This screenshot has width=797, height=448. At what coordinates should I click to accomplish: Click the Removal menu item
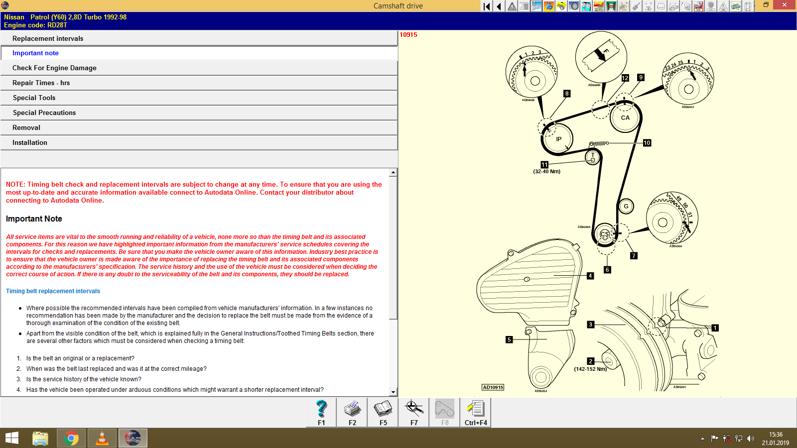[26, 127]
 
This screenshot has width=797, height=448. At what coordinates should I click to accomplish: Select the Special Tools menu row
[34, 98]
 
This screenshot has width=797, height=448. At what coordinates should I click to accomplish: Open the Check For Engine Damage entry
[54, 68]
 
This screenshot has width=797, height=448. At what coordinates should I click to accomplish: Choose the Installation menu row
[30, 142]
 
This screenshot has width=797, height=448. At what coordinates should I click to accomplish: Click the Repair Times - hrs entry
[41, 83]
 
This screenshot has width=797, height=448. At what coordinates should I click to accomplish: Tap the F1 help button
[321, 412]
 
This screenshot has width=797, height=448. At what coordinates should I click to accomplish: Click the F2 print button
[352, 412]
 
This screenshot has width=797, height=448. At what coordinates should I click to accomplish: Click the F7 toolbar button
[414, 412]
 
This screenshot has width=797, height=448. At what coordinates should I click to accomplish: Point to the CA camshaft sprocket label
[625, 118]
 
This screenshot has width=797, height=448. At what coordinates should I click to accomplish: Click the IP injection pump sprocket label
[558, 139]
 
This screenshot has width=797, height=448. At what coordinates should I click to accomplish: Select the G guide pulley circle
[626, 206]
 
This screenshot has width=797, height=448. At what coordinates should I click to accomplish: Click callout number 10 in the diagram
[647, 143]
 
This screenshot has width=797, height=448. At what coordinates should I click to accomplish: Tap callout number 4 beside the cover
[590, 276]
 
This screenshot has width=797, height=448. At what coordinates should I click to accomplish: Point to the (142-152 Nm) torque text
[590, 369]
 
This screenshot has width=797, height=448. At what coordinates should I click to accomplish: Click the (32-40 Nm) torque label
[546, 171]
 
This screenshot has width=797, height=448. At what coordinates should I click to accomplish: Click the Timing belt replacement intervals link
[53, 291]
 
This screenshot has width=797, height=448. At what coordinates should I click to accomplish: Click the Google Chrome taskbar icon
[71, 438]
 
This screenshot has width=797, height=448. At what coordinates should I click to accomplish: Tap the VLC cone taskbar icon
[102, 438]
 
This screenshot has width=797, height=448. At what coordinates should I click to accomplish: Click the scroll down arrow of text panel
[393, 392]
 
